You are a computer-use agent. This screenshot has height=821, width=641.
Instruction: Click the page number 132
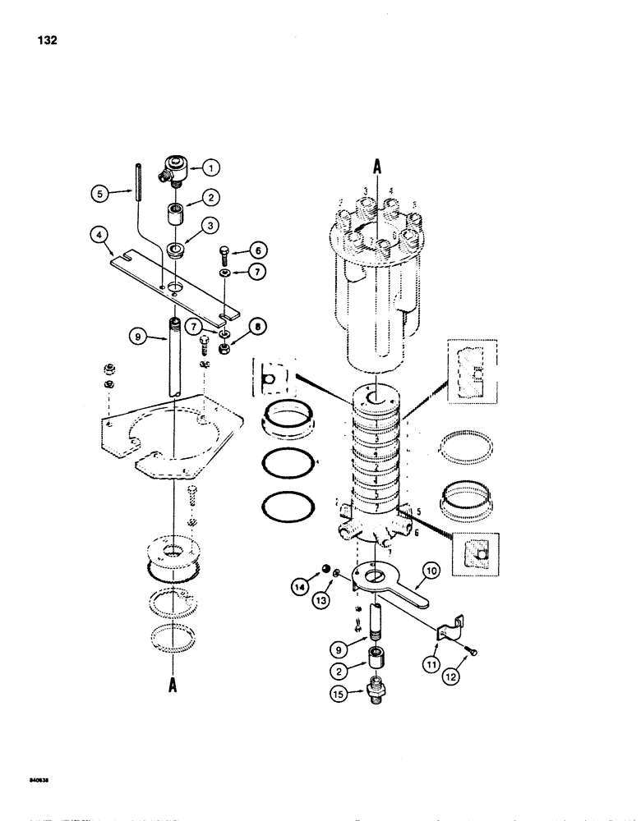45,42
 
